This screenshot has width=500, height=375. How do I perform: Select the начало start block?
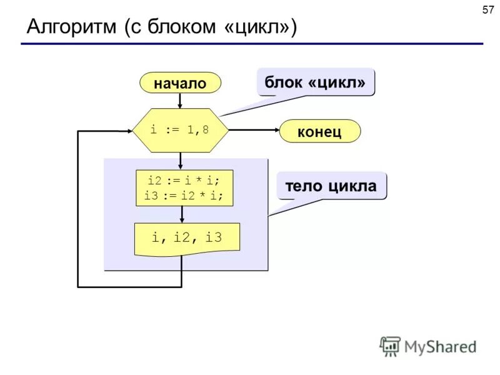(x=180, y=82)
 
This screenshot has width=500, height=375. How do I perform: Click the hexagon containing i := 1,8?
(x=180, y=130)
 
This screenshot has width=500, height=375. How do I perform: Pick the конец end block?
(x=319, y=131)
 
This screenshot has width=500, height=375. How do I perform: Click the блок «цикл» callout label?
(x=315, y=82)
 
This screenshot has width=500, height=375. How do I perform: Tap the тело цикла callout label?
(x=331, y=186)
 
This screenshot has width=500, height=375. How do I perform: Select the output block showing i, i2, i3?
(x=187, y=238)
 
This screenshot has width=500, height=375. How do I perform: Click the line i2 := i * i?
(x=184, y=180)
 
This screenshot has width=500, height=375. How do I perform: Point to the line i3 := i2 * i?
(x=184, y=195)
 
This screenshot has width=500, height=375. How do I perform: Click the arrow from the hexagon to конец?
(x=253, y=130)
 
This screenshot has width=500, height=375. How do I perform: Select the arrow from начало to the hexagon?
(x=180, y=100)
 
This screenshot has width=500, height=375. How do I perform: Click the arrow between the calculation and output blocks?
(x=182, y=214)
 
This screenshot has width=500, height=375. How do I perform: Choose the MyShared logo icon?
(x=390, y=346)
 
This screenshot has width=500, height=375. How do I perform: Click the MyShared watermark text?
(x=440, y=346)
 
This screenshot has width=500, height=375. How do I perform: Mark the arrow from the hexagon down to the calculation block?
(x=180, y=161)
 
